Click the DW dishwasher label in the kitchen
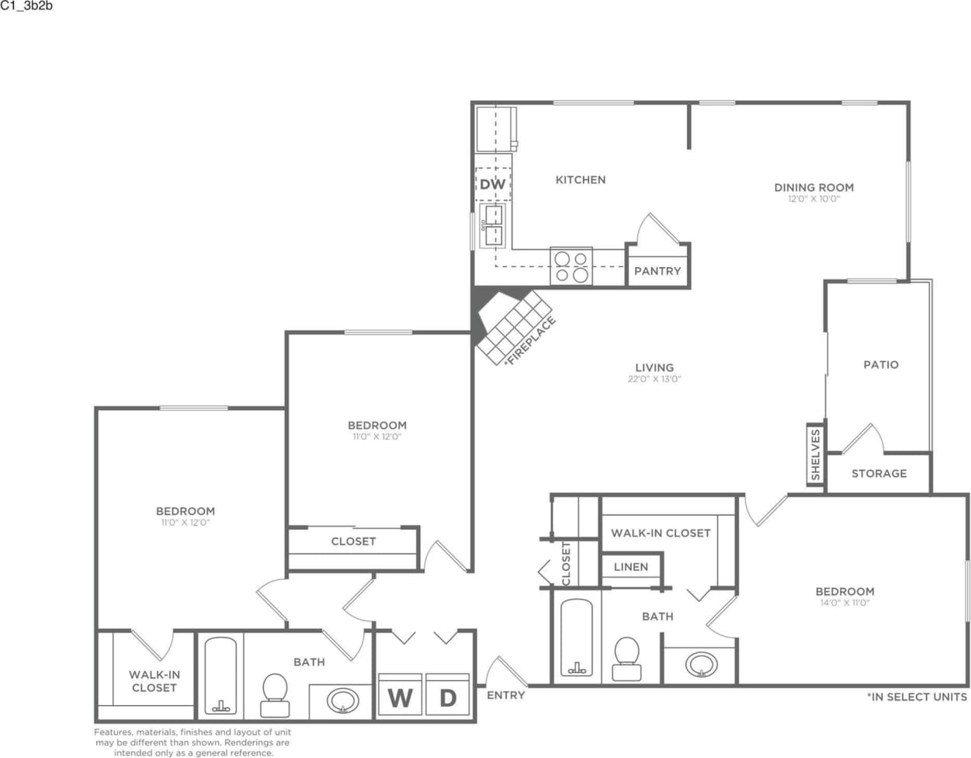(x=492, y=184)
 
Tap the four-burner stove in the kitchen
(x=571, y=266)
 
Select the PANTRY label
(x=657, y=271)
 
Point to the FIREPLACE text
(x=531, y=340)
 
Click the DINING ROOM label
(x=813, y=187)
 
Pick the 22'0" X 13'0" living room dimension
(x=654, y=380)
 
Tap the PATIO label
(x=881, y=364)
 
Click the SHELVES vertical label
(x=815, y=455)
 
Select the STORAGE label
(x=879, y=473)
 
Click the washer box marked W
(x=400, y=696)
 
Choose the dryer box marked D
(x=448, y=696)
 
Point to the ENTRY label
(x=506, y=695)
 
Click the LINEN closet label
(x=630, y=567)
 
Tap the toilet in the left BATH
(x=274, y=694)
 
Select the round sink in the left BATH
(x=342, y=701)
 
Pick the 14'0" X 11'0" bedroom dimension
(x=844, y=603)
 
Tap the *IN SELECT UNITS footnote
(x=917, y=697)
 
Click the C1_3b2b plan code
(x=26, y=5)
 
